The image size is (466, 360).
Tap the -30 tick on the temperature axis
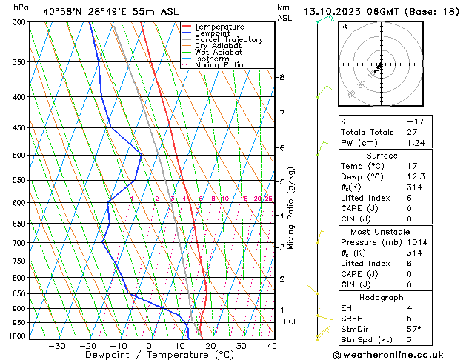(57, 345)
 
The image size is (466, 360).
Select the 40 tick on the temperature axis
(272, 345)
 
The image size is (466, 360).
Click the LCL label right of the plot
(290, 321)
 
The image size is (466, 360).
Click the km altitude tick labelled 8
(282, 77)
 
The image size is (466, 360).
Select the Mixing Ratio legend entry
(219, 64)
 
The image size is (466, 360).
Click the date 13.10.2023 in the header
(335, 12)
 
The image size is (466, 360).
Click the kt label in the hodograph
(344, 27)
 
